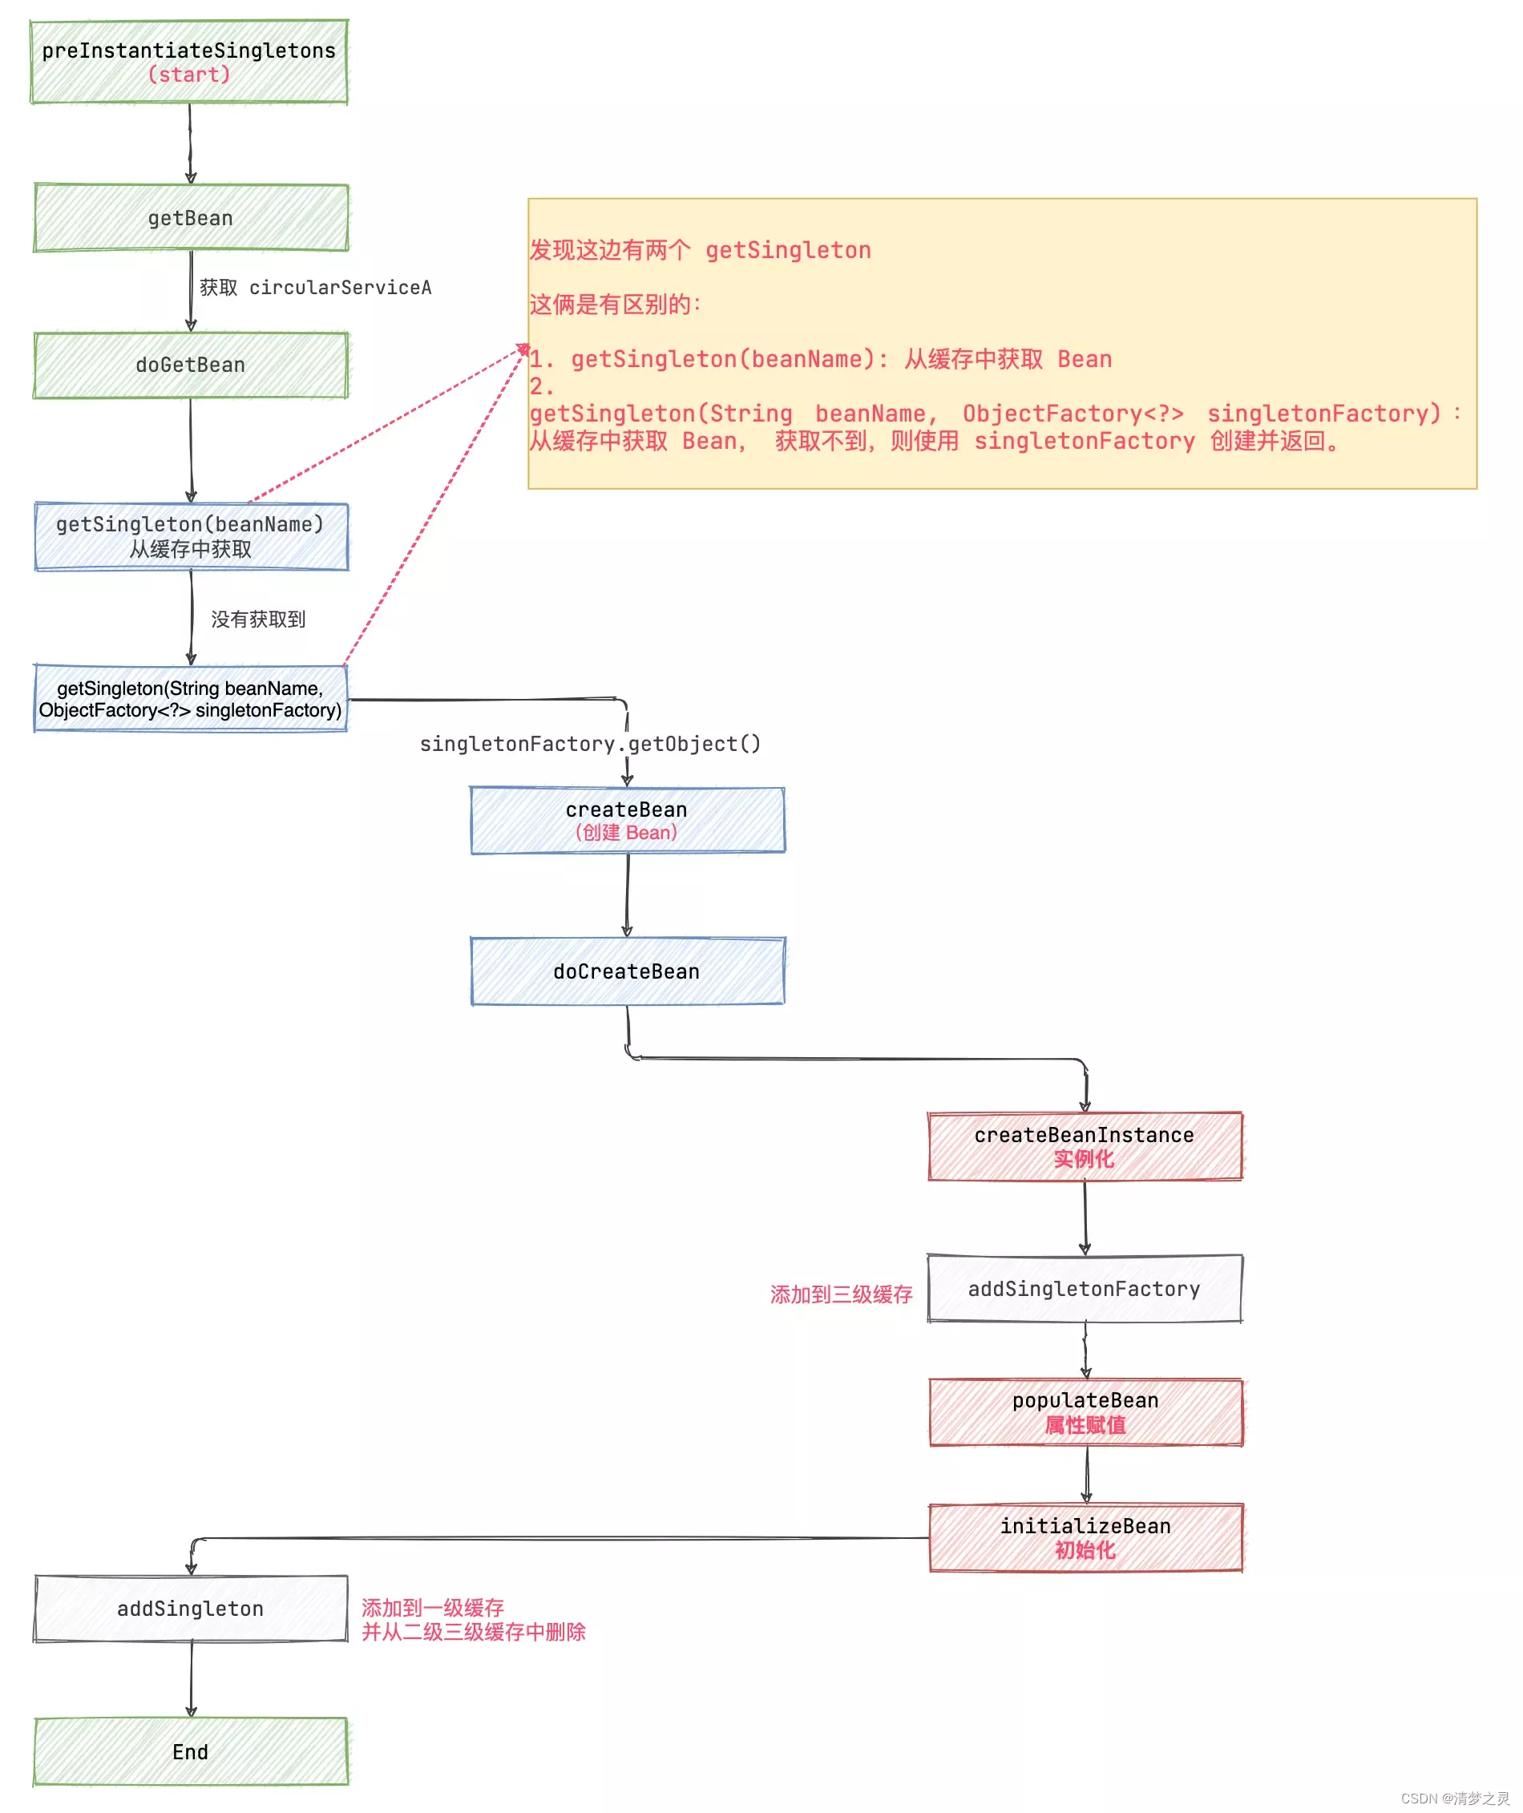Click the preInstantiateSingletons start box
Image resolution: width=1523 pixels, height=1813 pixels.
(189, 63)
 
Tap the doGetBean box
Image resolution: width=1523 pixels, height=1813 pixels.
(191, 365)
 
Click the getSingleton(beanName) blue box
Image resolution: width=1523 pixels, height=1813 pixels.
(191, 536)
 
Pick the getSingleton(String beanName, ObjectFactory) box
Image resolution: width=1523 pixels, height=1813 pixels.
(191, 698)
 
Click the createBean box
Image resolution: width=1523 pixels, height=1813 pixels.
(627, 820)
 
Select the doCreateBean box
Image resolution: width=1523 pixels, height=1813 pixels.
(627, 971)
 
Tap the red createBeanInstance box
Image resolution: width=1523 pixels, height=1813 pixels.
(1085, 1146)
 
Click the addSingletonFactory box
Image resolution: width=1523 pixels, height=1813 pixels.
(1085, 1289)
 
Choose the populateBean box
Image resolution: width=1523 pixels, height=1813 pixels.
(1085, 1412)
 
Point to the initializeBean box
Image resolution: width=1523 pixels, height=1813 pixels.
(1085, 1537)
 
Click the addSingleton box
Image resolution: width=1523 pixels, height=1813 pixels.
(191, 1609)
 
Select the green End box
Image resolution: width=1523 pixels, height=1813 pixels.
(191, 1752)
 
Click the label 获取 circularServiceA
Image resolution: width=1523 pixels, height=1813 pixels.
(315, 288)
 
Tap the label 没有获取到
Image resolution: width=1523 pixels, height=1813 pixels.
(258, 619)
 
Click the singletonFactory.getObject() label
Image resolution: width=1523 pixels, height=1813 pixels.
(590, 744)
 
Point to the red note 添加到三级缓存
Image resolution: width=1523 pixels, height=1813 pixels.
(841, 1294)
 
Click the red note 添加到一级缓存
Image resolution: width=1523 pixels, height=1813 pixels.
(433, 1608)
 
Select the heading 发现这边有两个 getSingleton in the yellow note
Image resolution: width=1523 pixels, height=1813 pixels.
(701, 250)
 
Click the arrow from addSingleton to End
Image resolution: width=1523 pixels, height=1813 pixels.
(192, 1679)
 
